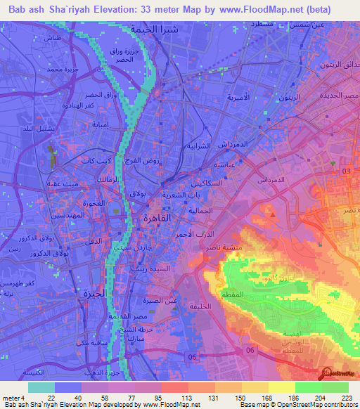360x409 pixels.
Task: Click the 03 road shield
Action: coord(346,171)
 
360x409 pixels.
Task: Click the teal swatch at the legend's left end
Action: coord(41,387)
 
